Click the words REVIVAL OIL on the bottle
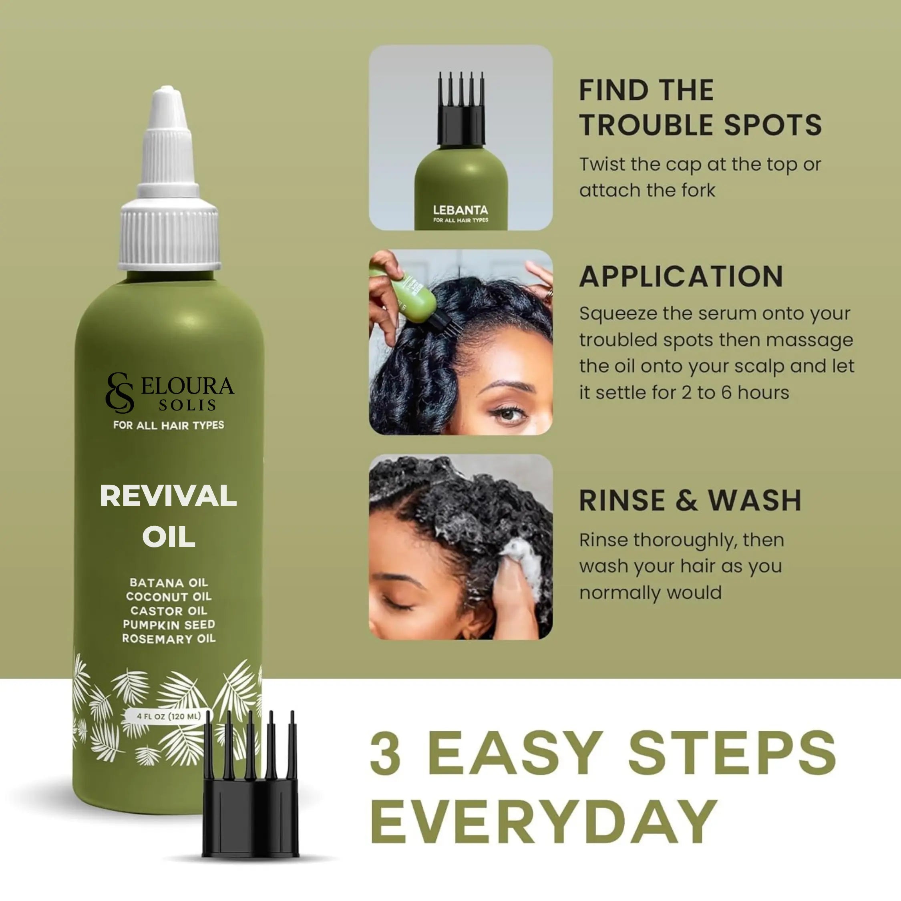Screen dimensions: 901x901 coord(168,516)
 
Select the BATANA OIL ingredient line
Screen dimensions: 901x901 coord(169,583)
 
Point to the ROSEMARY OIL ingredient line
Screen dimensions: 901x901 coord(169,638)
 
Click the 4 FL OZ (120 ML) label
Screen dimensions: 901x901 coord(169,716)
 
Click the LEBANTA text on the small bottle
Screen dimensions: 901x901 coord(460,210)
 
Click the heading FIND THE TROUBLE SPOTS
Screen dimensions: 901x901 coord(700,107)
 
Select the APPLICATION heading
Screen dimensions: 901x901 coord(681,277)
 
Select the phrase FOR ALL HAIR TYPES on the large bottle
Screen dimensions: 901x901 coord(168,425)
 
